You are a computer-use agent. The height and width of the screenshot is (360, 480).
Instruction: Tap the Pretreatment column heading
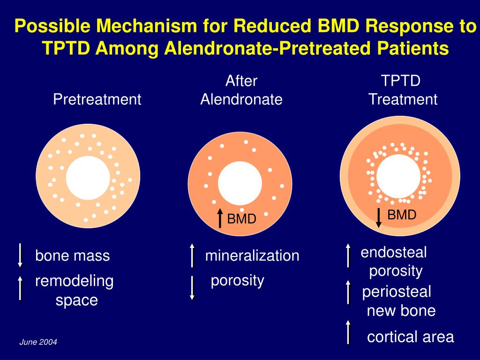[x=97, y=99]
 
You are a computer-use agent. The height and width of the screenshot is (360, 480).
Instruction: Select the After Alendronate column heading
[x=241, y=90]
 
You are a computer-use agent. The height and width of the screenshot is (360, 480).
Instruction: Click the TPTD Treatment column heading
[x=402, y=90]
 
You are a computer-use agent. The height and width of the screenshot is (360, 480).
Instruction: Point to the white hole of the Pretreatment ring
[x=88, y=178]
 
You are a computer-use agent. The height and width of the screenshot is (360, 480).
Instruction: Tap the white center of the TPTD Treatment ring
[x=398, y=176]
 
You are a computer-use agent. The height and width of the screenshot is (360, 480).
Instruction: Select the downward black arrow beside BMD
[x=379, y=217]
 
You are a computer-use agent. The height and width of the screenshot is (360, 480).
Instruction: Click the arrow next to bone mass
[x=20, y=255]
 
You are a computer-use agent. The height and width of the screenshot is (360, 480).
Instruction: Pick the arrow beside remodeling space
[x=20, y=288]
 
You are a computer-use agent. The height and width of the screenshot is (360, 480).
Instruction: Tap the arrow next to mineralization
[x=192, y=255]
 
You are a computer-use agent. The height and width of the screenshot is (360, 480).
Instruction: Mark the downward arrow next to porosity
[x=192, y=288]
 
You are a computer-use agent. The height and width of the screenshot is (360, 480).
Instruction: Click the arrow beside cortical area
[x=348, y=332]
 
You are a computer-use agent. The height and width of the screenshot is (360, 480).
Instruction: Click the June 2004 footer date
[x=38, y=343]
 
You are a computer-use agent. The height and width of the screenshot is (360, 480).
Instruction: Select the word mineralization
[x=252, y=256]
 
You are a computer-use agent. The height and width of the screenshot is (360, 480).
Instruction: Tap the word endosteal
[x=394, y=253]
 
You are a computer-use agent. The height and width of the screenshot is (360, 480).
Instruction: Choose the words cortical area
[x=410, y=337]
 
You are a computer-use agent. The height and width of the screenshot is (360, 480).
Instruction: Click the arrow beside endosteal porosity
[x=348, y=255]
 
